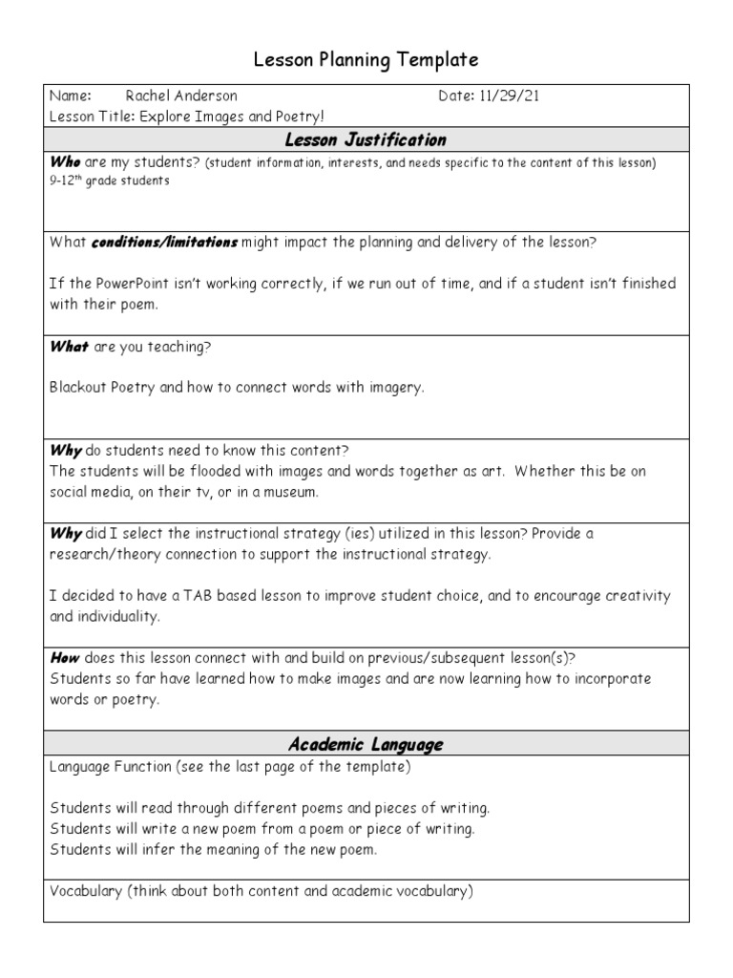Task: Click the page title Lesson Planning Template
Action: pos(366,60)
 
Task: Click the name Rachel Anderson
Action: pos(181,96)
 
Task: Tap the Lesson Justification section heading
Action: pos(366,139)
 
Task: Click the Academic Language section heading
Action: pos(366,744)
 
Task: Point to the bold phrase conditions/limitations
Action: pos(164,243)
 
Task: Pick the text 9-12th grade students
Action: pos(110,181)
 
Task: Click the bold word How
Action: pos(65,658)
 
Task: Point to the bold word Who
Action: pos(65,162)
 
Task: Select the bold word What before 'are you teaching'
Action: pos(69,347)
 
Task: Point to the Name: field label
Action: pos(71,96)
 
